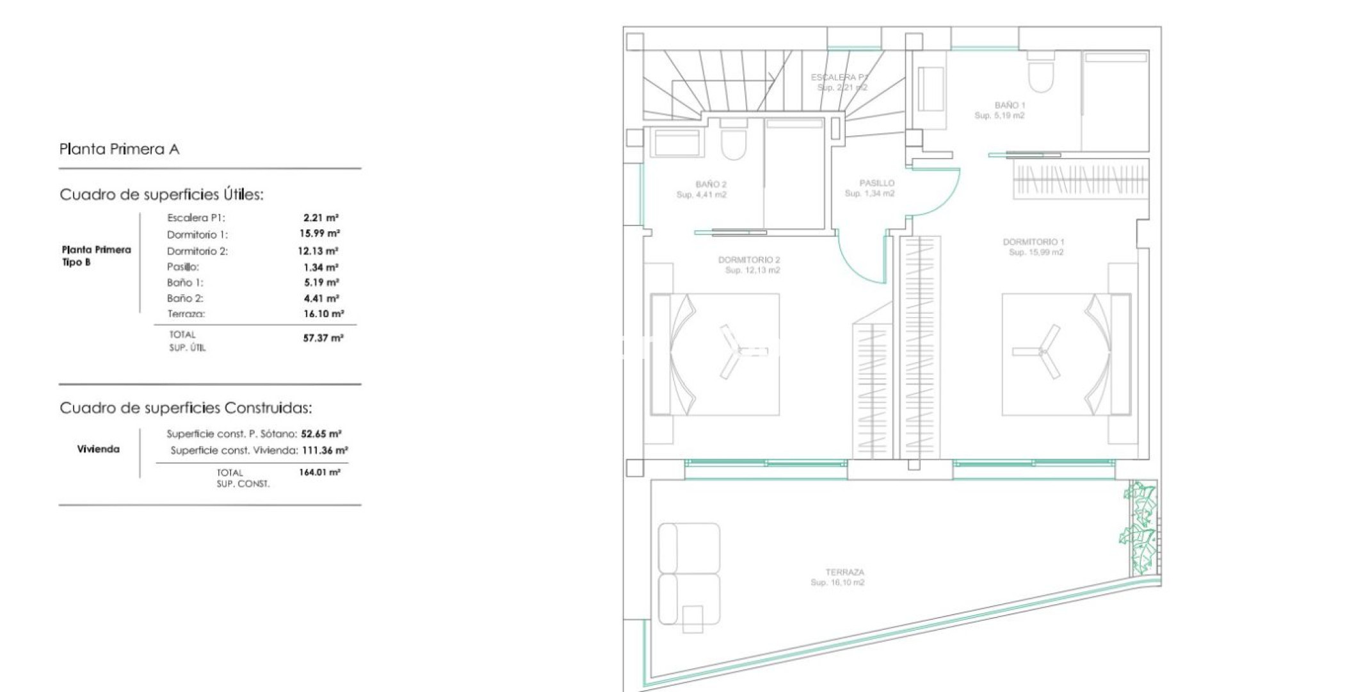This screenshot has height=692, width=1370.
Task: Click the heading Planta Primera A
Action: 119,149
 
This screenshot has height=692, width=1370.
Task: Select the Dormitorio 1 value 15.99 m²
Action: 319,234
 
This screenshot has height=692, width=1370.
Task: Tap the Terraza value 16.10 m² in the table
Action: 323,314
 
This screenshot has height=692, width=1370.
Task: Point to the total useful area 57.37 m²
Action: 323,338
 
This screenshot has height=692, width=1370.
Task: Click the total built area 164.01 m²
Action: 319,472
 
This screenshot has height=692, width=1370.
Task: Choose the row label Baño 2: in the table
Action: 185,299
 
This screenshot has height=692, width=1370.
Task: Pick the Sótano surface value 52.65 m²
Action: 321,434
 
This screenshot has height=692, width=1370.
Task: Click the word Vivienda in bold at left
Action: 98,449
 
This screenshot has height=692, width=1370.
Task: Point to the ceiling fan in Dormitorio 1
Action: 1040,352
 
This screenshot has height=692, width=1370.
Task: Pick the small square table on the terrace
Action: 692,619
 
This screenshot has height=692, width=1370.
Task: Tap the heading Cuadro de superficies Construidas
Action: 186,408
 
